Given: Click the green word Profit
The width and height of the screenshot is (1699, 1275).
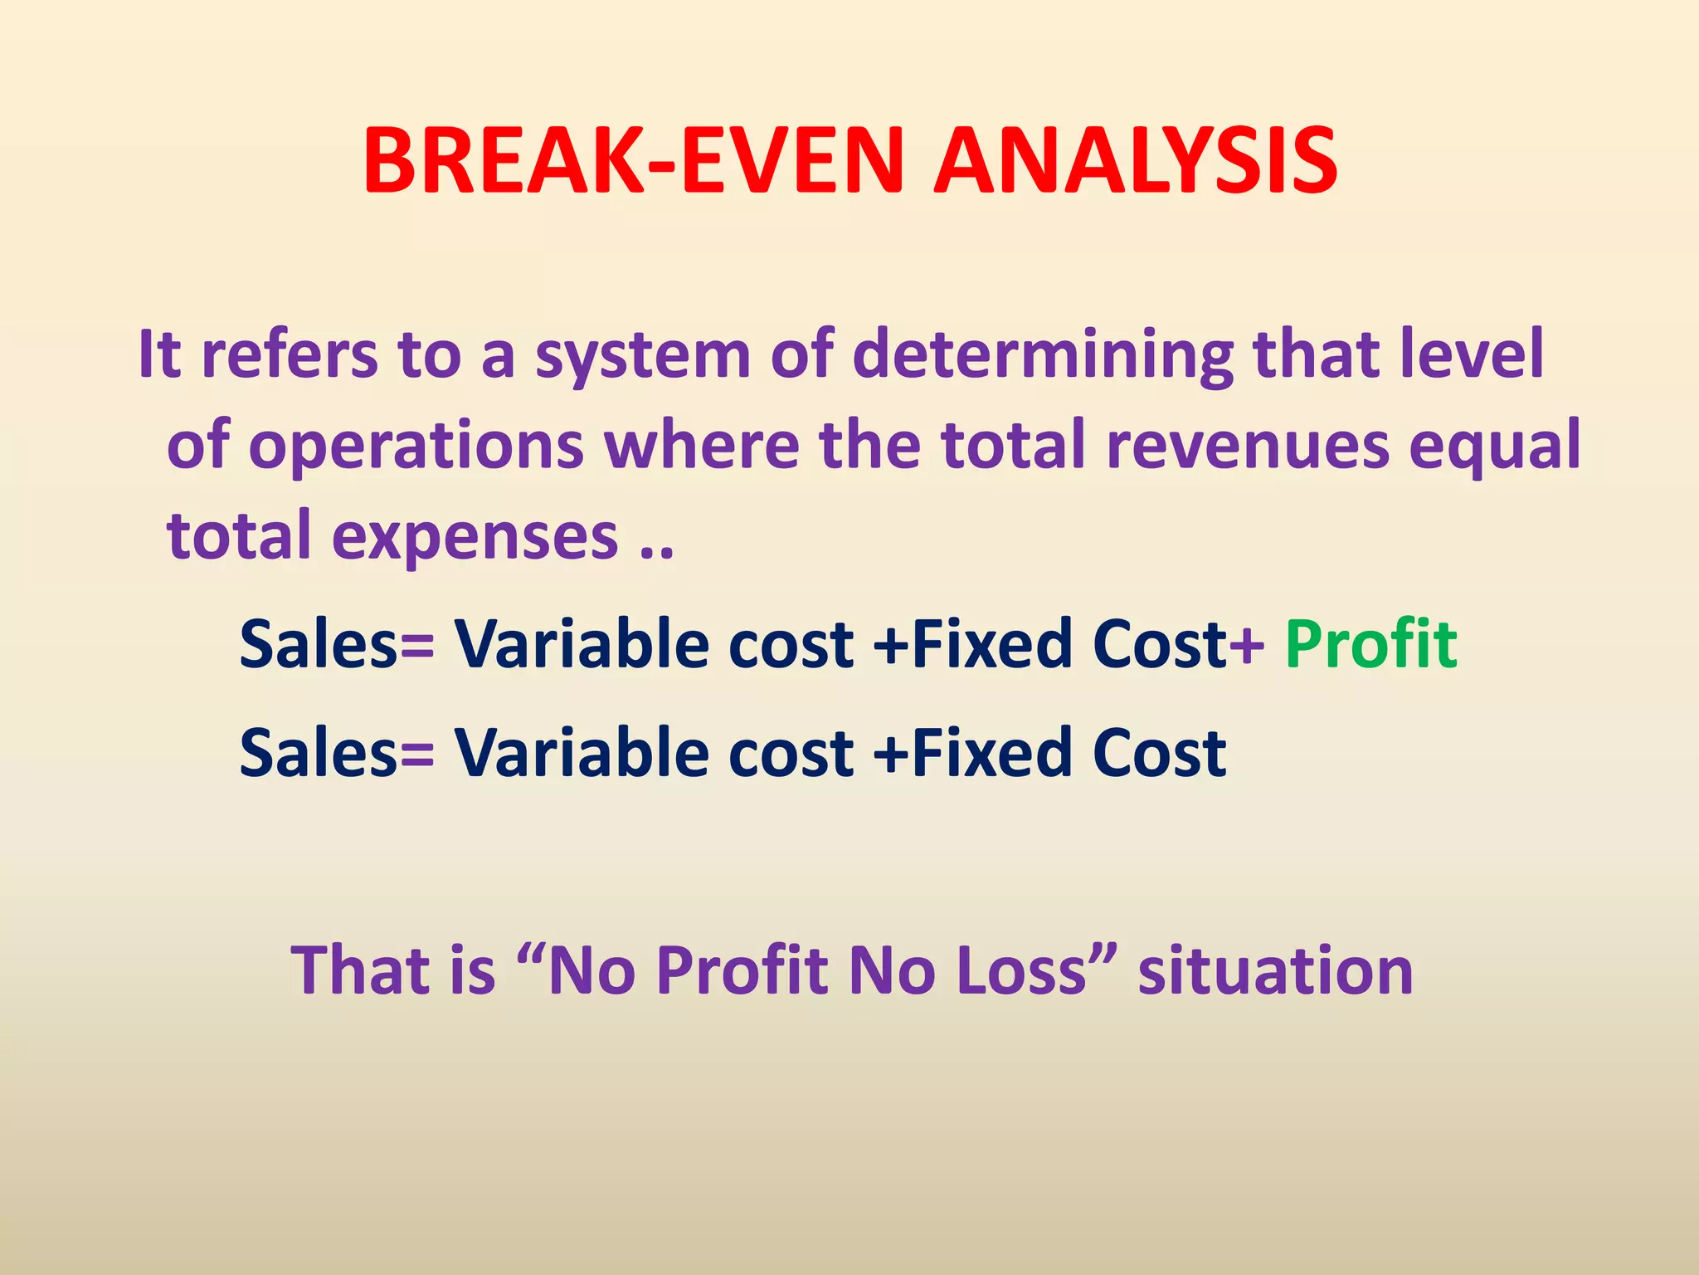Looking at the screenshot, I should tap(1370, 644).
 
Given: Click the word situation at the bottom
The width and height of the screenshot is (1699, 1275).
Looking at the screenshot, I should tap(1275, 970).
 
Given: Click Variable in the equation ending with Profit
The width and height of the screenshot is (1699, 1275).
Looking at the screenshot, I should tap(581, 644).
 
